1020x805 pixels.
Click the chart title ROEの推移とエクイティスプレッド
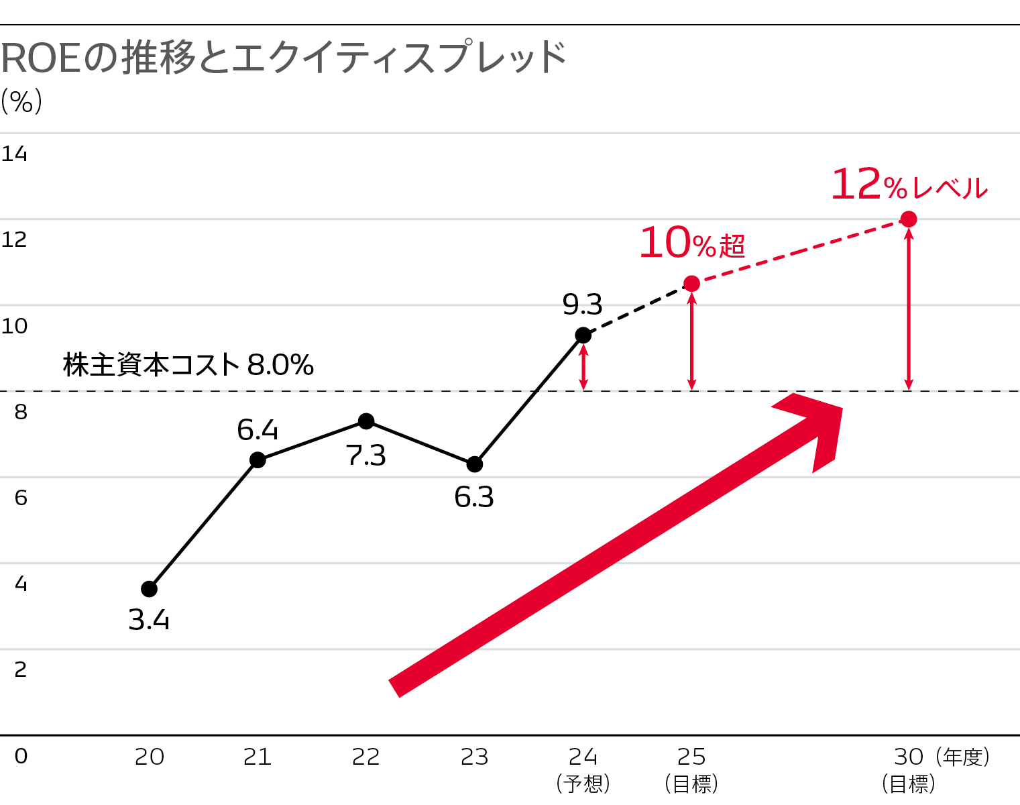pos(284,58)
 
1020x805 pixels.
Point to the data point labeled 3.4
pos(149,589)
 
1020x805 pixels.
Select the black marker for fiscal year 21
pos(258,460)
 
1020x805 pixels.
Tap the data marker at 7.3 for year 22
pos(366,421)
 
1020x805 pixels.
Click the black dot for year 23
pos(474,464)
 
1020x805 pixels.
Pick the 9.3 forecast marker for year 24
pos(583,335)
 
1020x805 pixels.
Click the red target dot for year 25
pos(691,284)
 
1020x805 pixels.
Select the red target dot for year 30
pos(909,219)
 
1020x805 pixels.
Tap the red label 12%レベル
pos(909,184)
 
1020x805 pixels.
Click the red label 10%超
pos(691,243)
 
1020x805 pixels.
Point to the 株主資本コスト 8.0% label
pos(188,366)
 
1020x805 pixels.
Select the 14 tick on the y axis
pos(14,154)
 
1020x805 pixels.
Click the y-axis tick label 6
pos(21,498)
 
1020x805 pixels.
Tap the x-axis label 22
pos(366,757)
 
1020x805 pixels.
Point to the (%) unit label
pos(21,102)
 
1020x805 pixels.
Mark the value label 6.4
pos(258,430)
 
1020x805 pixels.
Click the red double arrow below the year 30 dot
pos(909,309)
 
